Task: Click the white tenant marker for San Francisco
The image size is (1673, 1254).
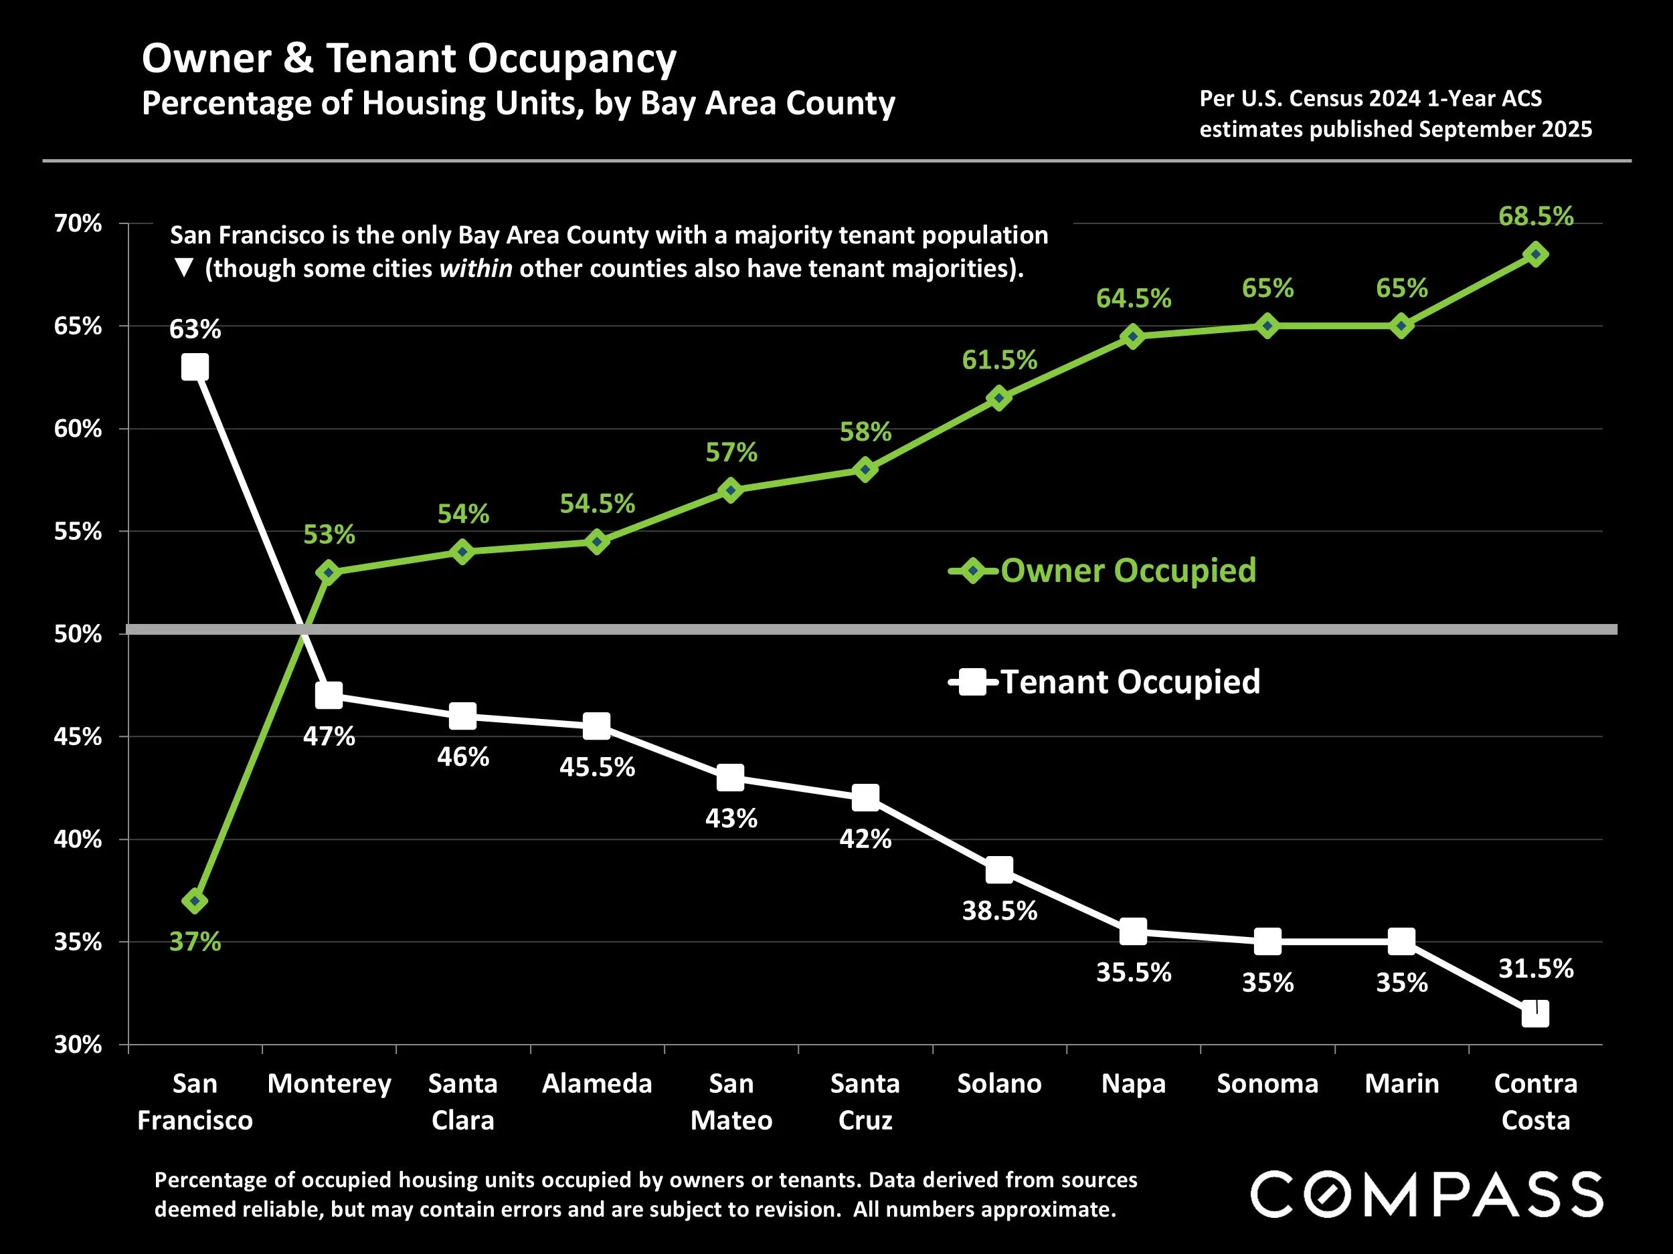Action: (195, 368)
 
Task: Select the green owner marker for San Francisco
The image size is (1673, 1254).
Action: (195, 901)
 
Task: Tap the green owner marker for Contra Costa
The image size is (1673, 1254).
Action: (1535, 255)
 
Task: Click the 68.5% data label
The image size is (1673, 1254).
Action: (1535, 216)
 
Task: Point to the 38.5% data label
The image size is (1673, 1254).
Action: (999, 911)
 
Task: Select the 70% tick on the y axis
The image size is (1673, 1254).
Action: (78, 224)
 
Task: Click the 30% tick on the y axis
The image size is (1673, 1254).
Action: (78, 1045)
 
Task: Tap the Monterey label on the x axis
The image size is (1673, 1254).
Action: (329, 1084)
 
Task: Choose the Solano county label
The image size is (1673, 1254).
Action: (999, 1084)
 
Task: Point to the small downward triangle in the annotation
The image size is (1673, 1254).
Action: (184, 268)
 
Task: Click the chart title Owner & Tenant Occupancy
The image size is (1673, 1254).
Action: (409, 58)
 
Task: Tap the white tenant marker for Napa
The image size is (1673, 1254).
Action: (1133, 932)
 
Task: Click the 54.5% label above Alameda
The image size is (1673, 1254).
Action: (597, 504)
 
